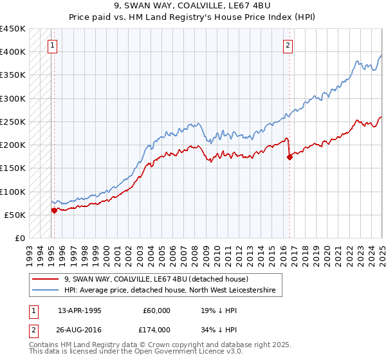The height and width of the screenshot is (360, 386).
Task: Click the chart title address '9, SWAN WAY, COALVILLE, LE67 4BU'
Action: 192,7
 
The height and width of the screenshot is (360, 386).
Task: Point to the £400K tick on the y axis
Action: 13,52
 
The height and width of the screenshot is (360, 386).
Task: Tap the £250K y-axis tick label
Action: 13,122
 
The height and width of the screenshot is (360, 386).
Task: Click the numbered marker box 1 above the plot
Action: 52,45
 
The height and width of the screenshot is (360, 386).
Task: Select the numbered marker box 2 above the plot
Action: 288,45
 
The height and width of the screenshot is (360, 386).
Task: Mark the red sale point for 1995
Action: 53,210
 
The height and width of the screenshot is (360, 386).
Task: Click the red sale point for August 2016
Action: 289,157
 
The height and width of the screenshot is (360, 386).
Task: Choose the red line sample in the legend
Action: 46,279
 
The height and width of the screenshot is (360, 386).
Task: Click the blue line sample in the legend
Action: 46,291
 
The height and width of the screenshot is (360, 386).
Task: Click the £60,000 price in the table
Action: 155,310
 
